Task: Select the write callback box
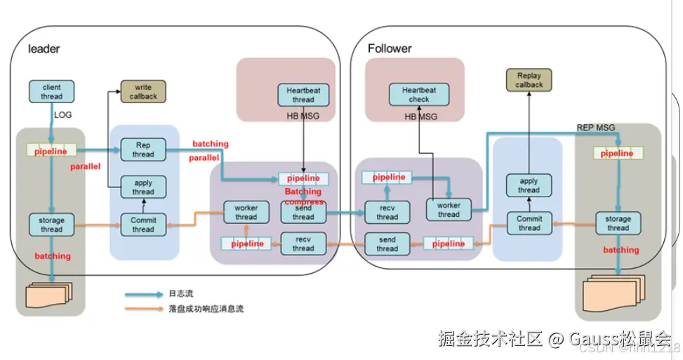point(143,92)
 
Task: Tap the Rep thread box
point(143,149)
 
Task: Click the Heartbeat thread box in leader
point(303,95)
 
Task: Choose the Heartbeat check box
point(419,95)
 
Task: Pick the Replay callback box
point(529,80)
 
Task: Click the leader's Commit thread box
point(143,225)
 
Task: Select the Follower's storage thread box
point(618,223)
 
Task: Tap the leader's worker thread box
point(246,212)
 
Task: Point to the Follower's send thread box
point(387,244)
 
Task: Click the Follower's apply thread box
point(529,185)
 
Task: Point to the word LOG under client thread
point(63,114)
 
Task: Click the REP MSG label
point(595,128)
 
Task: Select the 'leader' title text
point(44,49)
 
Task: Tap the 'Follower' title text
point(391,48)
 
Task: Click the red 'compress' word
point(304,202)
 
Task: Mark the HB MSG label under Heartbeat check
point(420,116)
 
